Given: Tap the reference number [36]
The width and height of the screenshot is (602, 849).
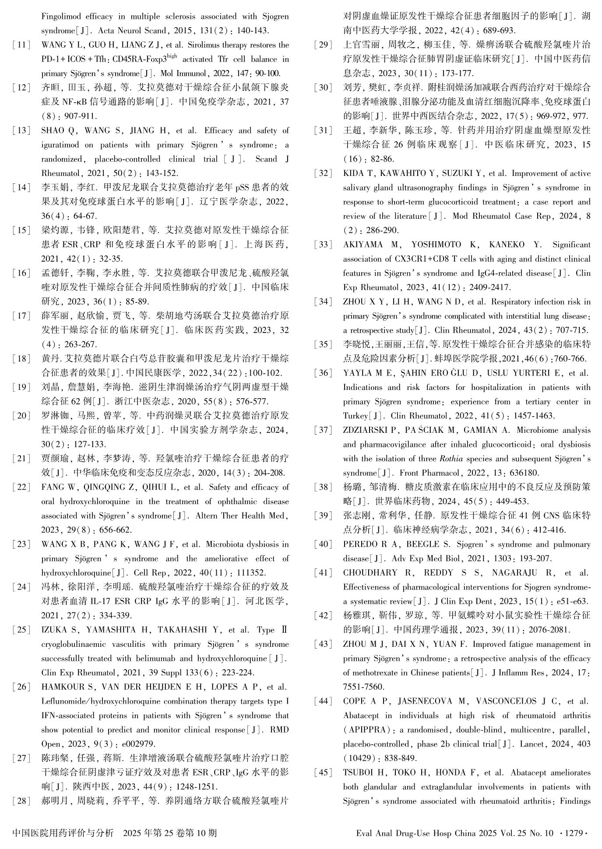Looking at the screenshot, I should pos(324,373).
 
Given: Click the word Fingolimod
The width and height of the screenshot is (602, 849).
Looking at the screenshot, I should pos(61,17).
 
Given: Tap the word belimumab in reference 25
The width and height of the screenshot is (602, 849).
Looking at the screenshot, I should pos(156,659).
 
